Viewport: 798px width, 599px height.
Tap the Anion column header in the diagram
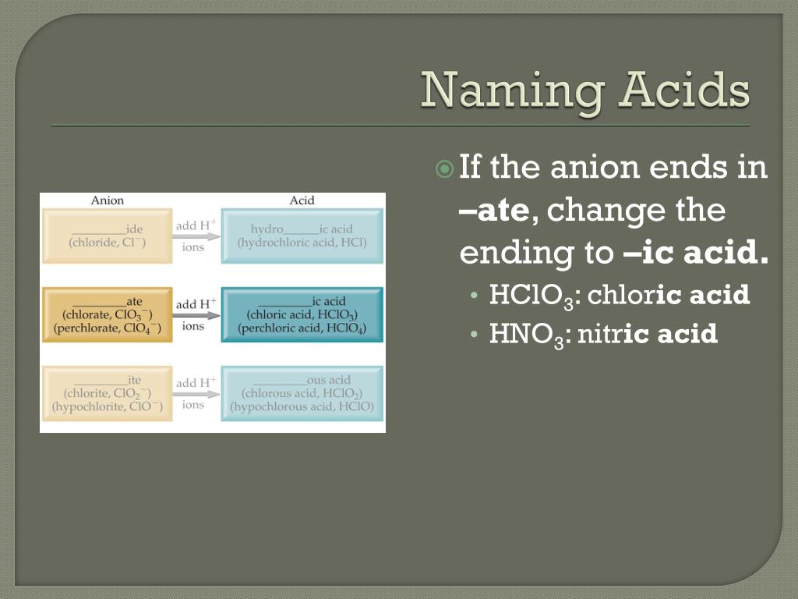coord(108,200)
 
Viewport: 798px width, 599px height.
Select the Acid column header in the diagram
coord(302,200)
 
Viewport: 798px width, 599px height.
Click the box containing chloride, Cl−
coord(107,236)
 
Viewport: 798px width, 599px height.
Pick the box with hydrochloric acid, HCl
coord(302,236)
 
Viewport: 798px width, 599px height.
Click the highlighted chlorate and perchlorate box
coord(107,314)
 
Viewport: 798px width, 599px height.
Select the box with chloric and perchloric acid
coord(302,314)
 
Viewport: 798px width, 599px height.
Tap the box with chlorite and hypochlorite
coord(107,393)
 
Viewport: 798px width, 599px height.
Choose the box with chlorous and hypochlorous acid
coord(302,393)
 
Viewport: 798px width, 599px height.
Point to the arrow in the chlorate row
coord(196,315)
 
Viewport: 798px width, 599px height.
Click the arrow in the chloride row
coord(196,236)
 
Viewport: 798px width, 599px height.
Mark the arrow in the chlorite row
coord(196,394)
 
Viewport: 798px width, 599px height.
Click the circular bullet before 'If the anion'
coord(443,168)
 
